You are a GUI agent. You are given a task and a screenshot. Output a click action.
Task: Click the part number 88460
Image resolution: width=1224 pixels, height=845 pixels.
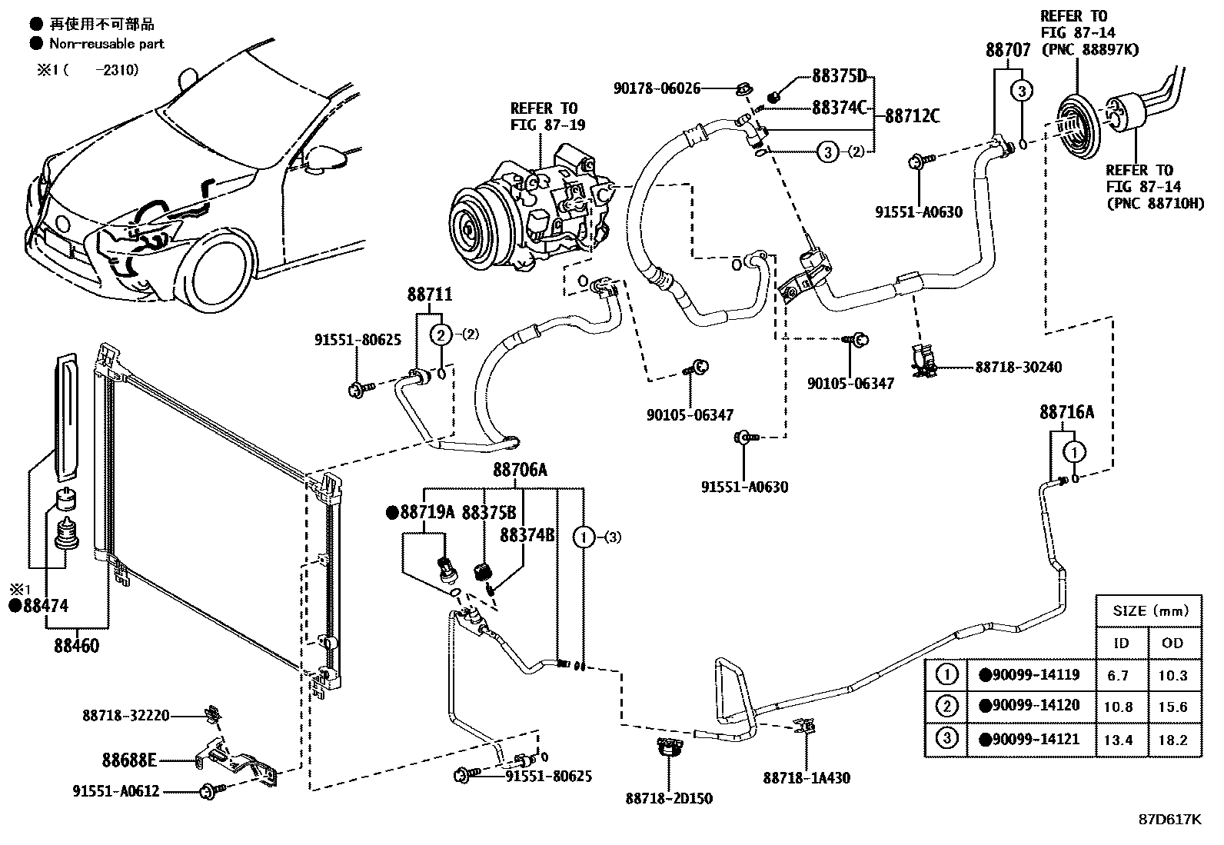tap(77, 646)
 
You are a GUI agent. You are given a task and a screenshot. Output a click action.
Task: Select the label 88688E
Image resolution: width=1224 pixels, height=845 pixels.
tap(129, 760)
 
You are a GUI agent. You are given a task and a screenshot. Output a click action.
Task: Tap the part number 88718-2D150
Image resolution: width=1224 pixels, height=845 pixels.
tap(669, 799)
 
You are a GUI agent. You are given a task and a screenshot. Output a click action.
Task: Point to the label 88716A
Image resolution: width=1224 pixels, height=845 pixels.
tap(1066, 412)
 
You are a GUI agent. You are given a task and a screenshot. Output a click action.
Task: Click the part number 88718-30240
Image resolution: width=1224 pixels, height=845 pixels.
tap(1019, 367)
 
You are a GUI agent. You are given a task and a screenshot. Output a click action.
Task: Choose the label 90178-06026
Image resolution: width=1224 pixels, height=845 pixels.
tap(657, 88)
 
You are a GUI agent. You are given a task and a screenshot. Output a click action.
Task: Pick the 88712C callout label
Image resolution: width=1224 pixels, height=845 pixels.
tap(913, 116)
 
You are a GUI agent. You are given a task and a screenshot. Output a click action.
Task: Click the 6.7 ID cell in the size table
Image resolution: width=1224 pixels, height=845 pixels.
tap(1117, 676)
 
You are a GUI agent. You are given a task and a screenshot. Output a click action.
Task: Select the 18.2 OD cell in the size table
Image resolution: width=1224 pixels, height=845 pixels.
tap(1172, 740)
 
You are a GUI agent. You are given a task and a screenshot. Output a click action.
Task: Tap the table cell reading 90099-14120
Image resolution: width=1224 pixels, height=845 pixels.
tap(1030, 705)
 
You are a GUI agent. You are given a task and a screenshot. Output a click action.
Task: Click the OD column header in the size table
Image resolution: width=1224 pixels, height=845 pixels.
tap(1172, 643)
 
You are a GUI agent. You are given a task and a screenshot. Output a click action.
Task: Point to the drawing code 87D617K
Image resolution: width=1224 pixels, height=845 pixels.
tap(1170, 820)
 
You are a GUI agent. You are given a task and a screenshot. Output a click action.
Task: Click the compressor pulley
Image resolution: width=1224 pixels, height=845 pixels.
tap(471, 228)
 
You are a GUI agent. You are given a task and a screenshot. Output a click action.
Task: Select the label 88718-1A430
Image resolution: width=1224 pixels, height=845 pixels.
tap(807, 778)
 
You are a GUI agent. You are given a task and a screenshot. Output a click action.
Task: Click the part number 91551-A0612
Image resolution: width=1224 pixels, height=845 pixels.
tap(116, 791)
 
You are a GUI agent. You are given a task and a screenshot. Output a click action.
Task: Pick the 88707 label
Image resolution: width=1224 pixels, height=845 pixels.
tap(1008, 50)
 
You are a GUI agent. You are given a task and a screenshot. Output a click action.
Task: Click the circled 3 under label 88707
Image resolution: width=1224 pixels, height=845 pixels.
tap(1023, 90)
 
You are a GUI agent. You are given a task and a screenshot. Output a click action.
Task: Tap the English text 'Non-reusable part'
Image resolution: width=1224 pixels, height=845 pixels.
tap(107, 44)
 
